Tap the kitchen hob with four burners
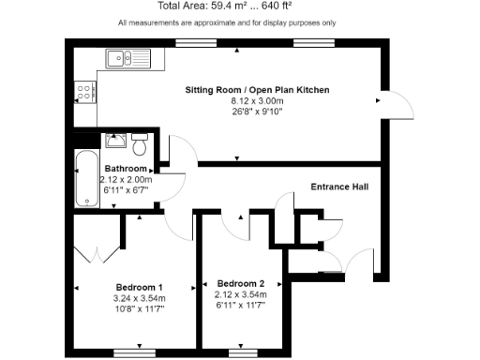84,92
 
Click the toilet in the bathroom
139,145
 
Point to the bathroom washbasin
114,142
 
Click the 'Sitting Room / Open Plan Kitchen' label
255,90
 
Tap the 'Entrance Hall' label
338,187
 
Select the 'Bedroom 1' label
140,287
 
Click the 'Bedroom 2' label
241,283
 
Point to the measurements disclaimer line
240,22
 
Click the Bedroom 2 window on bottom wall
242,353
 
